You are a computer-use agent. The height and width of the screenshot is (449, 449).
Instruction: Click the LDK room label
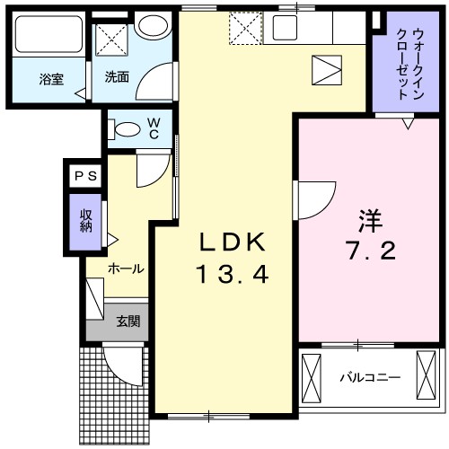coord(233,242)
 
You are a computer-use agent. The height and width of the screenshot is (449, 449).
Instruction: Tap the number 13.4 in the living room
coord(233,274)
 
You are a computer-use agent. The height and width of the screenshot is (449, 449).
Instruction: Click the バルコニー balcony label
coord(370,378)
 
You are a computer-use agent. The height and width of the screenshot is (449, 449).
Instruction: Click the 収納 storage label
coord(86,220)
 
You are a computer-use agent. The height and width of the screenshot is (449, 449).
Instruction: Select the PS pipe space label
coord(84,175)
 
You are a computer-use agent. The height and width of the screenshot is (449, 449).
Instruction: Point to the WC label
coord(154,128)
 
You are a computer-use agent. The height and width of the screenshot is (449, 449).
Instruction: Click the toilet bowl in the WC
coord(126,128)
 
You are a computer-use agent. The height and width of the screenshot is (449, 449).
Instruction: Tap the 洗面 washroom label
coord(116,77)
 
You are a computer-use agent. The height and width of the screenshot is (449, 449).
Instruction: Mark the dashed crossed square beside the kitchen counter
coord(243,27)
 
